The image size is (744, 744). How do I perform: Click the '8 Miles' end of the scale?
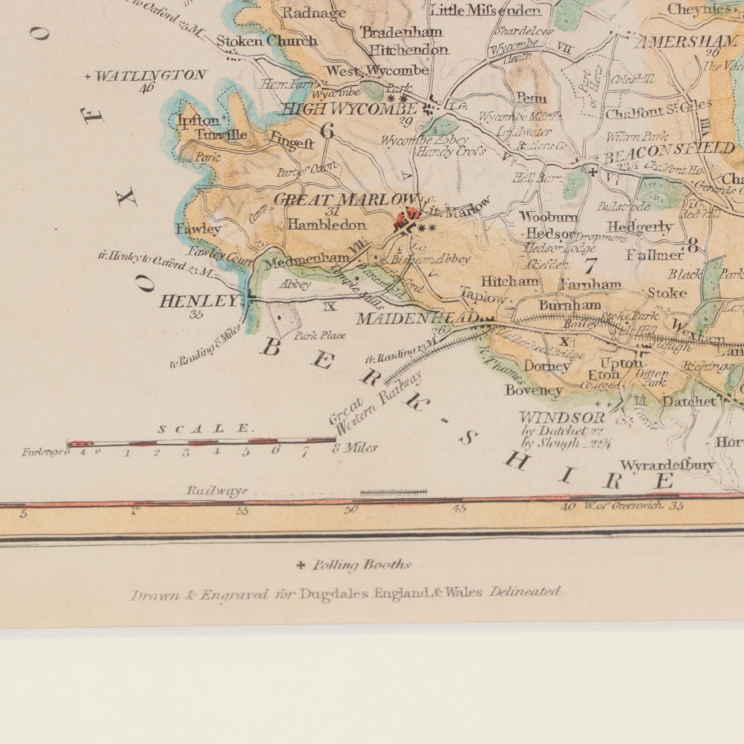[355, 448]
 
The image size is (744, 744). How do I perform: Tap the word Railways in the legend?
[216, 491]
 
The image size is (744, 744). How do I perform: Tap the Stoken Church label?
[267, 41]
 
